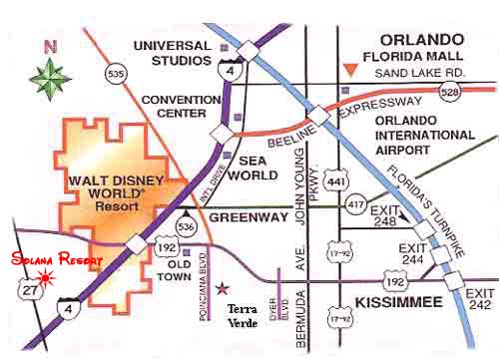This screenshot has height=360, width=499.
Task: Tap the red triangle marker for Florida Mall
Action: [348, 69]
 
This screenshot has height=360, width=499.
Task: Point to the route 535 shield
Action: [114, 73]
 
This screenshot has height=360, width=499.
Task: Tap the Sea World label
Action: [256, 166]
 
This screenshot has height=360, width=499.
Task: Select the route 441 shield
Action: [340, 180]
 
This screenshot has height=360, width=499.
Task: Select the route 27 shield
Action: [25, 290]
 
